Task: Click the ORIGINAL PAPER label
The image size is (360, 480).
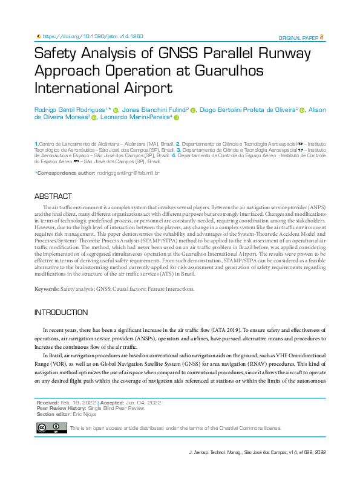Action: point(298,37)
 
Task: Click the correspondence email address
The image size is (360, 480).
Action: point(128,173)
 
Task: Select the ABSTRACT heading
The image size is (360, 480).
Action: point(53,196)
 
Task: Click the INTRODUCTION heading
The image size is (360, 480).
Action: point(61,313)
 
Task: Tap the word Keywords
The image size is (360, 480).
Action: point(46,289)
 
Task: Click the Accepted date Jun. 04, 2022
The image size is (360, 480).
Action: point(145,402)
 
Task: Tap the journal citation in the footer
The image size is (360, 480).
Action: point(258,452)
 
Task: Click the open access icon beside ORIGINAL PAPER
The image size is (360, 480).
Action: point(321,37)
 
